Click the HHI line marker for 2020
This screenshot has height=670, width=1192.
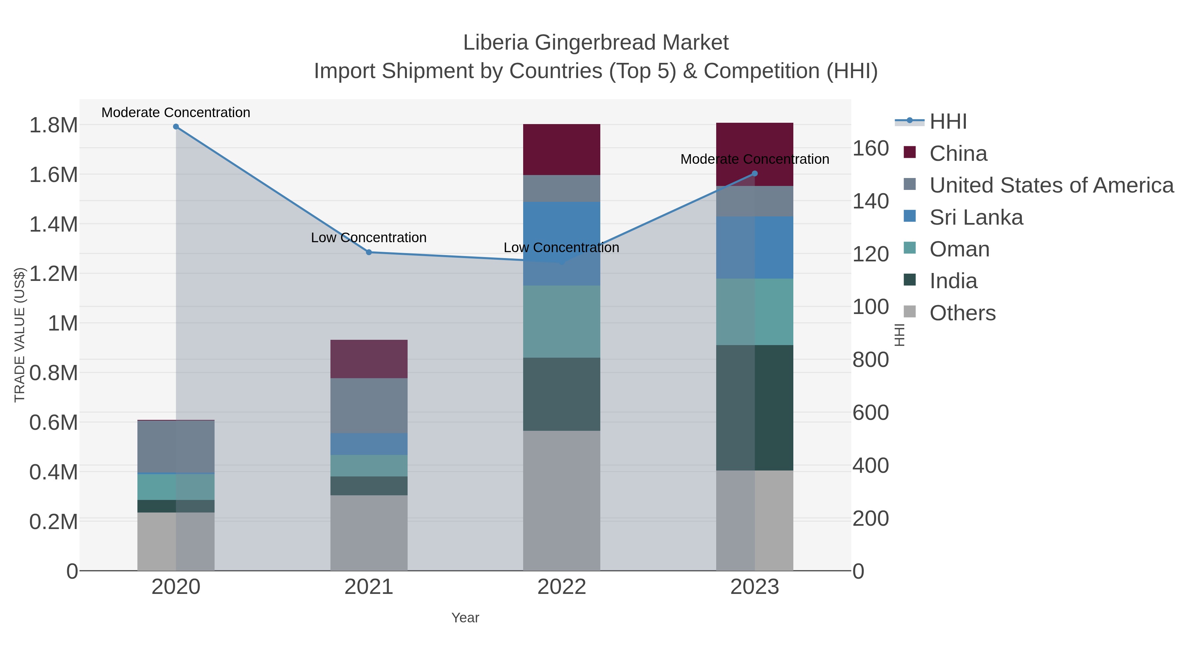176,127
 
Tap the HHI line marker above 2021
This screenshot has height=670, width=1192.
369,252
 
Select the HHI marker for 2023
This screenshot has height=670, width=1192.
755,174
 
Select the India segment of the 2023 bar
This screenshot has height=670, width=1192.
755,408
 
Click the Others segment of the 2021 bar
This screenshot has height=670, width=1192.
369,533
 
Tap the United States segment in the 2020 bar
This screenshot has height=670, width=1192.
176,447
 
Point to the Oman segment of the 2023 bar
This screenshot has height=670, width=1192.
755,312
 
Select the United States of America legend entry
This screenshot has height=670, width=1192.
1051,185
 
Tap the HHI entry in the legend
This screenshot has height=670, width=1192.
948,122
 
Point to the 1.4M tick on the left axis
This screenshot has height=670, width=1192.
54,225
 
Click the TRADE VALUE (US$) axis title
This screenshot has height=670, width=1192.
20,335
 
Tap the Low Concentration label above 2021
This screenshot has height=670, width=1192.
369,238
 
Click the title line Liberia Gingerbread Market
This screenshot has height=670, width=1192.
596,43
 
